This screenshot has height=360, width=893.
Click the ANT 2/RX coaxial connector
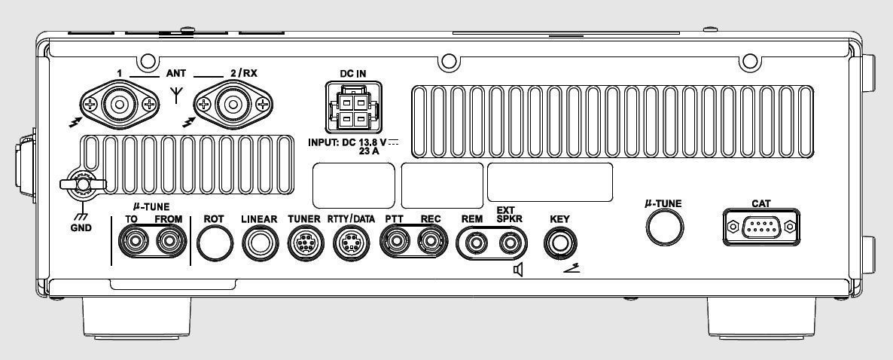tap(230, 103)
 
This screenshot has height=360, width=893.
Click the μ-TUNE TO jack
tap(136, 243)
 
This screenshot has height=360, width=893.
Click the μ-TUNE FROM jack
tap(169, 243)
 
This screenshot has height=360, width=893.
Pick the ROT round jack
tap(215, 243)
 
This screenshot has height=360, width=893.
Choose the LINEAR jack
tap(260, 243)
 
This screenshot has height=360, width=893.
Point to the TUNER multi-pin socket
tap(305, 243)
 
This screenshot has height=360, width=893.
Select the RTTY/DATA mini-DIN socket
tap(351, 243)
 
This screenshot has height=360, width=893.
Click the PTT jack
tap(396, 243)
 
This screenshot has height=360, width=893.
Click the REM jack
tap(475, 243)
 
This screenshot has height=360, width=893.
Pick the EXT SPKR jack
tap(510, 243)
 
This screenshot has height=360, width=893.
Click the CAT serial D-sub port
tap(761, 226)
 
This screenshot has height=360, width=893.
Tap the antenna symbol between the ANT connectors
tap(175, 96)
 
